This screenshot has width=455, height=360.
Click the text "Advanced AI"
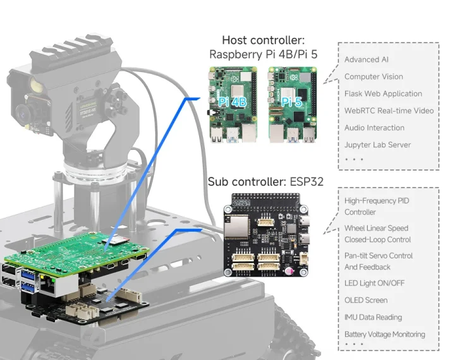tap(367, 60)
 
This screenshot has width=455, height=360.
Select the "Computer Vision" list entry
tap(373, 76)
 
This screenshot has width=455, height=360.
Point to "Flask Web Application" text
tap(383, 93)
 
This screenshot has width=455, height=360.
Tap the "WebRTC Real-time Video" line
tap(389, 111)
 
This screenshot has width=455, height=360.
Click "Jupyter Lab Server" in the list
tap(377, 145)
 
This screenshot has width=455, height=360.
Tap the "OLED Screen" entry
tap(366, 301)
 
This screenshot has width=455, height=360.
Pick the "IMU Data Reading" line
tap(373, 318)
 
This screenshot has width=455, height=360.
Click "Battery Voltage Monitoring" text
tap(384, 335)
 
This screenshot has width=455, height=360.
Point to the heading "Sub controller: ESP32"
tap(265, 182)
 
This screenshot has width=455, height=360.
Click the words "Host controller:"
tap(263, 40)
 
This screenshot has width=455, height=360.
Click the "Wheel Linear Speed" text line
tap(376, 228)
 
